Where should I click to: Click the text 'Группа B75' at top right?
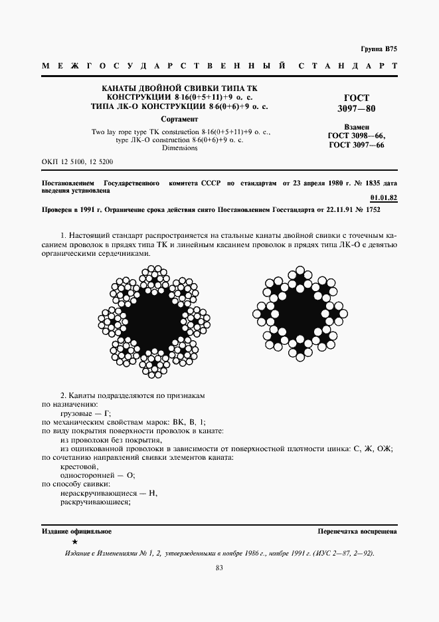tap(379, 49)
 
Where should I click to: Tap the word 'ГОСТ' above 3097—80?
tap(357, 98)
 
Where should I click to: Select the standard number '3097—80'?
tap(357, 108)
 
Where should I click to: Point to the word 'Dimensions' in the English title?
tap(179, 148)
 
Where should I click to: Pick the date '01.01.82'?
tap(383, 198)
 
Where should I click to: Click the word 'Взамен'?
tap(357, 127)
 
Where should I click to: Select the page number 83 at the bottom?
tap(219, 568)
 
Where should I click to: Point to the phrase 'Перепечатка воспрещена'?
tap(357, 532)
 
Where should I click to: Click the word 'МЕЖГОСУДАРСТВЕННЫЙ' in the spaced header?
tap(164, 66)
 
